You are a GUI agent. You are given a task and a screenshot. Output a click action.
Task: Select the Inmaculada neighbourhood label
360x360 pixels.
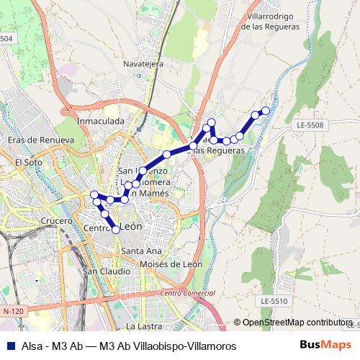pos(101,122)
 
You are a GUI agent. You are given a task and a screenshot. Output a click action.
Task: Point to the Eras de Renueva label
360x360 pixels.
pos(40,140)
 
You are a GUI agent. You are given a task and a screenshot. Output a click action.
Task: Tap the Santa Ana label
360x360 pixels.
pos(141,251)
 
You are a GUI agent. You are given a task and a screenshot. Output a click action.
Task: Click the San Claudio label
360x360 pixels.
pos(107,271)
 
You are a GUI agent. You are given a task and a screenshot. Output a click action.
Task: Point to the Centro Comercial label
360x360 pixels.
pos(188,293)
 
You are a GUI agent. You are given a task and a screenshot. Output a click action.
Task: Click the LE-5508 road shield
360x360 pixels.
pos(310,125)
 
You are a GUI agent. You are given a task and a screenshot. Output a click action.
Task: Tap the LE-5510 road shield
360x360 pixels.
pos(274,300)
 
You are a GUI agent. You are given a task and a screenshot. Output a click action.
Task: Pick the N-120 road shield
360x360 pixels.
pos(14,310)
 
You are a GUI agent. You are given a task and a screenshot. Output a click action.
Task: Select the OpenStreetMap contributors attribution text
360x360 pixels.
pos(297,322)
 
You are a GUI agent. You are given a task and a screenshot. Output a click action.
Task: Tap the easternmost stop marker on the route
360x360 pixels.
pos(266,110)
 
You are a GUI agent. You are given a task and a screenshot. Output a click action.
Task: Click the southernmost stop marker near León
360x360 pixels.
pos(116,230)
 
